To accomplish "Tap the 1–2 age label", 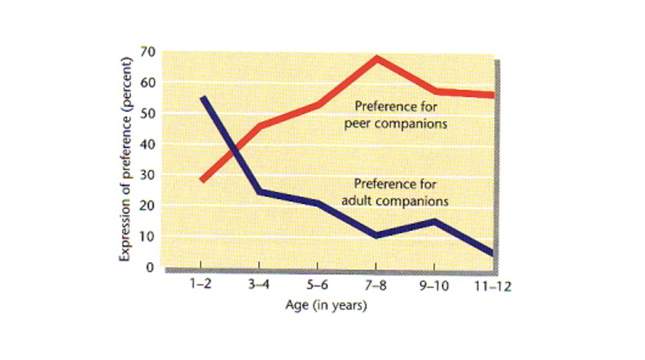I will tap(200, 285).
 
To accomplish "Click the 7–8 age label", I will tap(376, 285).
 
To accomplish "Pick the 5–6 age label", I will tap(317, 285).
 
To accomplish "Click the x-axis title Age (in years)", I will tap(326, 305).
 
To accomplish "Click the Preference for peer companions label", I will tap(396, 115).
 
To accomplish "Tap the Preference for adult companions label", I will tap(395, 192).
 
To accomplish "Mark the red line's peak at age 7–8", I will tap(376, 59).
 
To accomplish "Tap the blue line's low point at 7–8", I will tap(376, 236).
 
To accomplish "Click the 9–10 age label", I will tap(434, 285).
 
